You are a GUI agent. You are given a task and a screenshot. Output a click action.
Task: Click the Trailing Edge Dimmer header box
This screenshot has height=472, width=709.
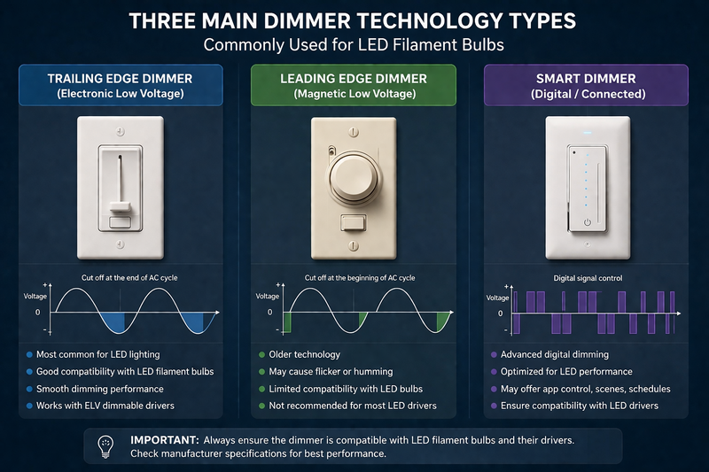[x=119, y=86]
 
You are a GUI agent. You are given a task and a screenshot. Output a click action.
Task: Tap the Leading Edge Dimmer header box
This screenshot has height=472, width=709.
[x=354, y=86]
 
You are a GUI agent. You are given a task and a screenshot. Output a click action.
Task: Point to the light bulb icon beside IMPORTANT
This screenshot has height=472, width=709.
[x=106, y=445]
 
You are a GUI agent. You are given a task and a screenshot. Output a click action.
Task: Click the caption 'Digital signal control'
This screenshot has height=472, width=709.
[x=588, y=278]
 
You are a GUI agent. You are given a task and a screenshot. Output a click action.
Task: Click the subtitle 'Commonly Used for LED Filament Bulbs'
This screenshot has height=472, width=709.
[x=354, y=44]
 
